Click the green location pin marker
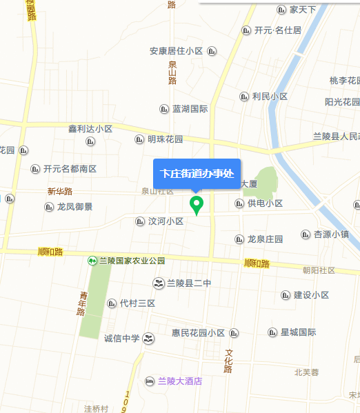(x=197, y=205)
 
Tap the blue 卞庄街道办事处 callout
(x=197, y=173)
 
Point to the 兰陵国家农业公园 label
(x=132, y=261)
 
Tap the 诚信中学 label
(x=121, y=338)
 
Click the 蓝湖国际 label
(x=190, y=109)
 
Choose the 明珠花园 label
(x=165, y=139)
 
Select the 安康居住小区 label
(x=176, y=51)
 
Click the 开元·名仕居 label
(x=277, y=30)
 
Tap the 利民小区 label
(x=269, y=97)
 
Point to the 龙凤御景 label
(x=74, y=206)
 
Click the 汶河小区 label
(x=166, y=221)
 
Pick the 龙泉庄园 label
(x=265, y=239)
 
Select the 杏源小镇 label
(x=331, y=234)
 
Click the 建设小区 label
(x=311, y=295)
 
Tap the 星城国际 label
(x=298, y=332)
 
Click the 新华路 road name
(x=60, y=191)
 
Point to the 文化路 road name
(x=228, y=361)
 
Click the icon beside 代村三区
(x=112, y=303)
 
